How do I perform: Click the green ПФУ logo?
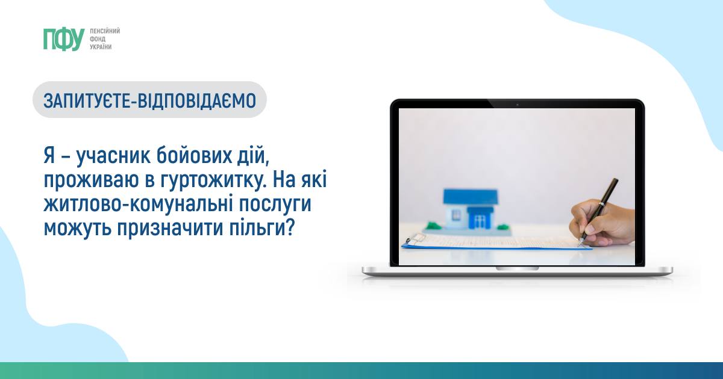[64, 39]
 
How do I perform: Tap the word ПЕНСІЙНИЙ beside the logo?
[105, 31]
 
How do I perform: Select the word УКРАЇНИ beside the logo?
[101, 47]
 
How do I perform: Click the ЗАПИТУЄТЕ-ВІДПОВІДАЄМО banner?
[149, 100]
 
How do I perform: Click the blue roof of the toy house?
[471, 197]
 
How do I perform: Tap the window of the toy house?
[457, 214]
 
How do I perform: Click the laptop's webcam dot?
[517, 105]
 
